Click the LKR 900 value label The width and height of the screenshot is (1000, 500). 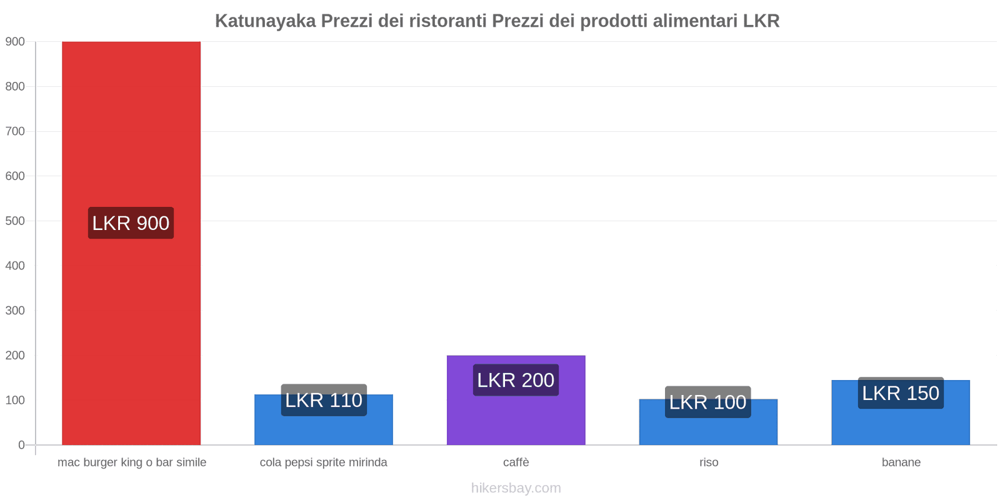coord(131,223)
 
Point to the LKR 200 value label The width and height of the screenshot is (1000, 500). coord(516,380)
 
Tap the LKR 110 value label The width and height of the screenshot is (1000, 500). coord(324,400)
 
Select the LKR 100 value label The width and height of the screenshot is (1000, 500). coord(707,402)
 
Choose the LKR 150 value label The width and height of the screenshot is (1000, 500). coord(901,393)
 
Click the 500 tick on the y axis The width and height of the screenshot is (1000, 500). coord(15,221)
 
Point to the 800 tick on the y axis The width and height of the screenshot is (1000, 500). coord(15,86)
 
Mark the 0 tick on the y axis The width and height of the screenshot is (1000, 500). coord(21,445)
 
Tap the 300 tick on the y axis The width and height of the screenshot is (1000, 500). coord(15,311)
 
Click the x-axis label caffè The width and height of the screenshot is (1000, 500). coord(516,462)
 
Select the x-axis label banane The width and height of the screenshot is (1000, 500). coord(901,462)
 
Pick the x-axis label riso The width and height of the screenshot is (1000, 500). coord(709,462)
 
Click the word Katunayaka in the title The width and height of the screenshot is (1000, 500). coord(265,21)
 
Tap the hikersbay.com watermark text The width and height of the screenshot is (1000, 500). coord(516,488)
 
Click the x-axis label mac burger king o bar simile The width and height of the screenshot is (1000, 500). coord(132,462)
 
